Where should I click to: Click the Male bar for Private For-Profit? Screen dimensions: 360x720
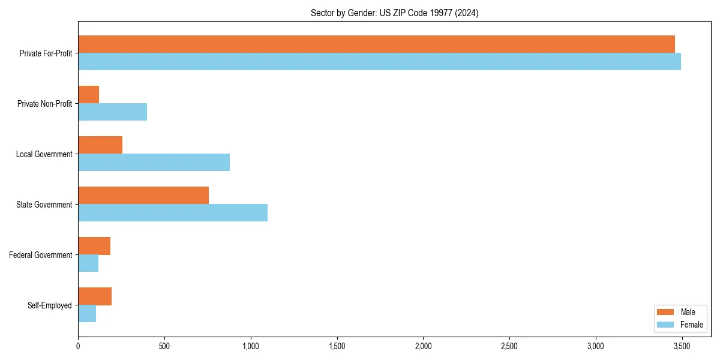coord(376,44)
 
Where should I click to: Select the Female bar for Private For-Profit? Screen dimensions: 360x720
coord(379,62)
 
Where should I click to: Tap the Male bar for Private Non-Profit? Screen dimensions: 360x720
coord(88,95)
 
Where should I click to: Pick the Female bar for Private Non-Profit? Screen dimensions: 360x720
coord(112,112)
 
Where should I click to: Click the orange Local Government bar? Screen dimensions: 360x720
coord(100,145)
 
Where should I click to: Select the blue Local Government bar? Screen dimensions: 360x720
coord(154,163)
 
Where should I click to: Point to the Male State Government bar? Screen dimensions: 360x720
coord(143,196)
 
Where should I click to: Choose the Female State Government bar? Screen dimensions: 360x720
coord(173,213)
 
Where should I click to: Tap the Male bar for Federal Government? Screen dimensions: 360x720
coord(94,246)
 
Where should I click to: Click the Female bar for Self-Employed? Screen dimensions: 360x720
coord(87,314)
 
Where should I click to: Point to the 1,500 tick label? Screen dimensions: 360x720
coord(337,346)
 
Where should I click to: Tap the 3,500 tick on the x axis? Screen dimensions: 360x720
coord(682,346)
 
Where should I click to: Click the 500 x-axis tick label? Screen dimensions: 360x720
coord(164,346)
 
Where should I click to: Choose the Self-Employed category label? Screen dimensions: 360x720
coord(50,305)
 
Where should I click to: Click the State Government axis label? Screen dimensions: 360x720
coord(44,205)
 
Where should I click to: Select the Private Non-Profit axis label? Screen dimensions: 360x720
coord(44,104)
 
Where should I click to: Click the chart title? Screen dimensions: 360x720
coord(394,13)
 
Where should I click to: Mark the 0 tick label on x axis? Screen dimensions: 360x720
coord(78,346)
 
